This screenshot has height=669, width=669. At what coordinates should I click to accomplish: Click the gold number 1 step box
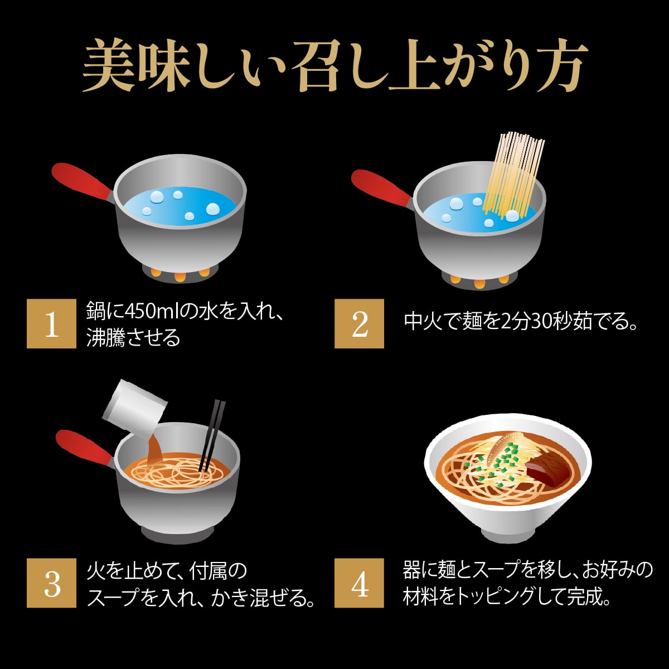[51, 323]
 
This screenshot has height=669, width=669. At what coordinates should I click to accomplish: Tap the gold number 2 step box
[360, 323]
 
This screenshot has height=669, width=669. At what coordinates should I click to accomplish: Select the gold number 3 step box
[51, 583]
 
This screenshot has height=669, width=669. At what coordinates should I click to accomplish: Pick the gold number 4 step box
[360, 583]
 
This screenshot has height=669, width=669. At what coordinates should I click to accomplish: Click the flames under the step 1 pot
[180, 275]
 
